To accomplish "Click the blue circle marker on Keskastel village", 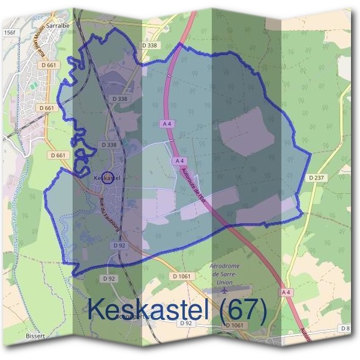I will click(x=108, y=178).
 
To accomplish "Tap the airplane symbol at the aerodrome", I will click(x=224, y=290).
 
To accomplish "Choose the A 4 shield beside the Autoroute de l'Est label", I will click(x=178, y=161).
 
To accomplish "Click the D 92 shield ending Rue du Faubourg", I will click(x=118, y=245).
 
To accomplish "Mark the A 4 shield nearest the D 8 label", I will click(x=287, y=292).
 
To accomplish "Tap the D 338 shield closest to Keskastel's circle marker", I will click(x=109, y=145).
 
